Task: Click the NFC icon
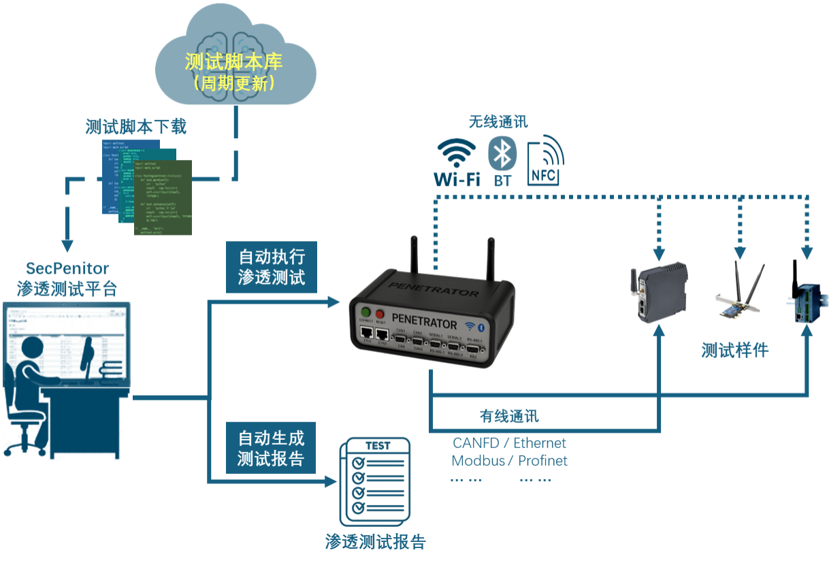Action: (545, 161)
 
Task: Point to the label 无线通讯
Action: (498, 123)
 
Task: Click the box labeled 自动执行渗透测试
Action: (271, 266)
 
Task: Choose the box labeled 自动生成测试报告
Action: (271, 447)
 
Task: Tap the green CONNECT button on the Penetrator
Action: (365, 313)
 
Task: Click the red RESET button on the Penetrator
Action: (380, 313)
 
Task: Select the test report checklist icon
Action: (376, 477)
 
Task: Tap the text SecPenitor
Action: (67, 268)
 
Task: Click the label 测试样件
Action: (734, 350)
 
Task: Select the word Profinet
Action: (542, 460)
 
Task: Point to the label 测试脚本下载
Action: (135, 127)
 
